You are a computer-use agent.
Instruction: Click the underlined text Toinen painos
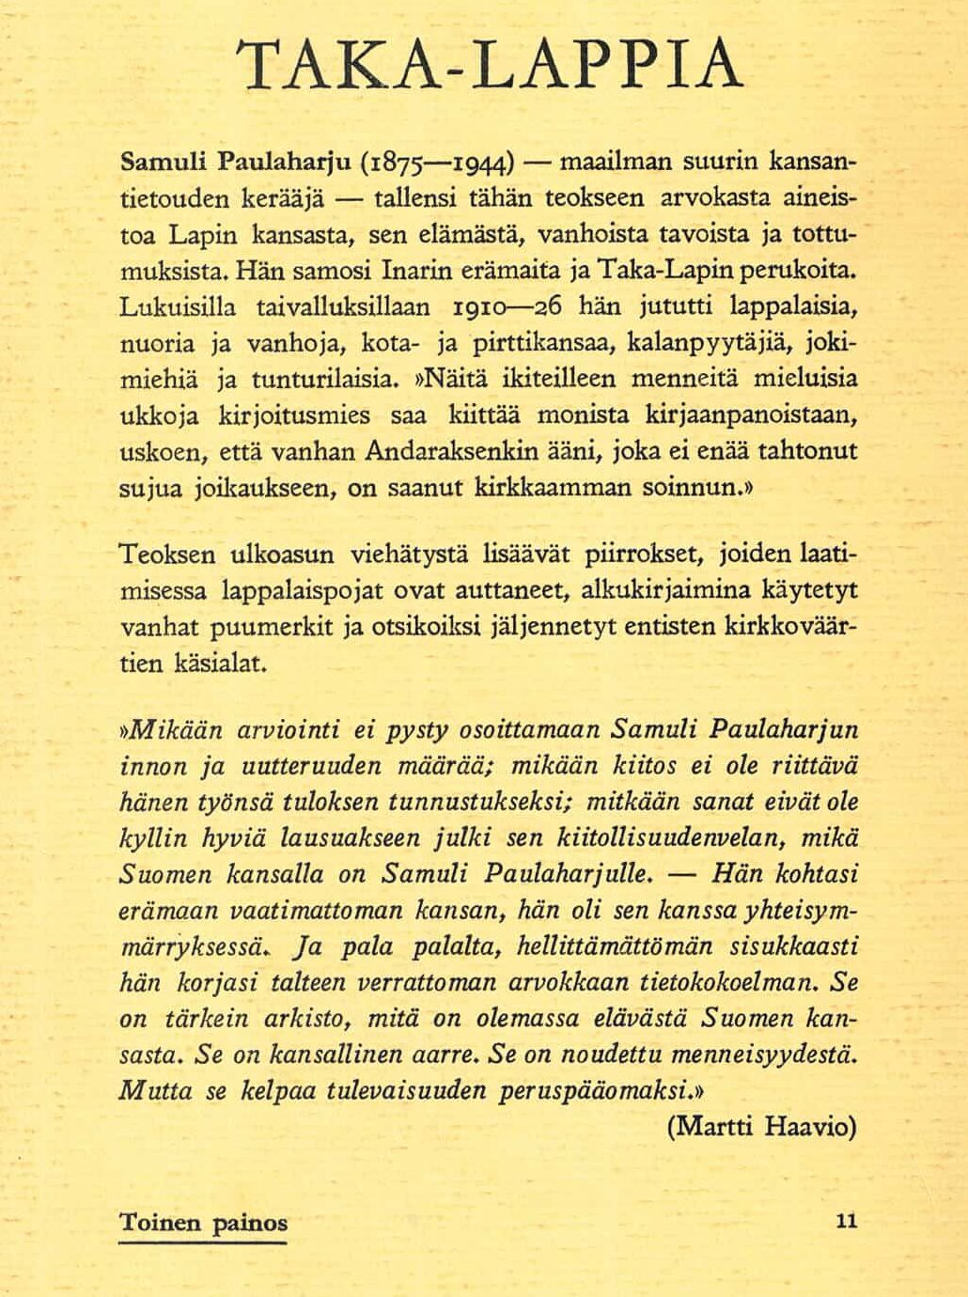[203, 1224]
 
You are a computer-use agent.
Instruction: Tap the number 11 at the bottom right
[845, 1222]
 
